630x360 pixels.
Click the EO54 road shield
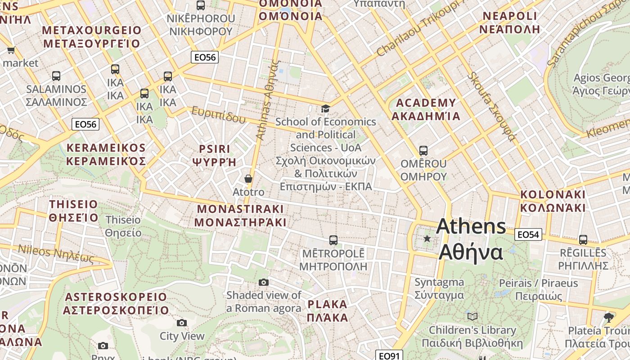tap(528, 234)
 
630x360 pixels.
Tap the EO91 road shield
tap(389, 356)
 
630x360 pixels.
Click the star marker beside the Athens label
tap(427, 238)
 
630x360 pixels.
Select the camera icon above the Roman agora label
tap(264, 282)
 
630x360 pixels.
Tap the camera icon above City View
tap(182, 323)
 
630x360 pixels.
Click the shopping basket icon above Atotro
tap(248, 179)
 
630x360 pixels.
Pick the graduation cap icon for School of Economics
tap(325, 108)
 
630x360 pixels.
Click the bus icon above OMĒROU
tap(423, 150)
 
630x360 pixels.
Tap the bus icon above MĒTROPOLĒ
tap(333, 240)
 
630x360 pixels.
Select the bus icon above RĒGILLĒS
tap(583, 240)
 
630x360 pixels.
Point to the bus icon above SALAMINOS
tap(56, 76)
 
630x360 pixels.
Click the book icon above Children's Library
tap(472, 316)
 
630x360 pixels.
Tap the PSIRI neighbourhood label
tap(214, 155)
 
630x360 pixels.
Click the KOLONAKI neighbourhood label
tap(553, 201)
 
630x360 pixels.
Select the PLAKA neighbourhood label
tap(328, 310)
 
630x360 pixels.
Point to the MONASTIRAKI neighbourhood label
tap(240, 216)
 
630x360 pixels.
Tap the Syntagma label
tap(439, 288)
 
